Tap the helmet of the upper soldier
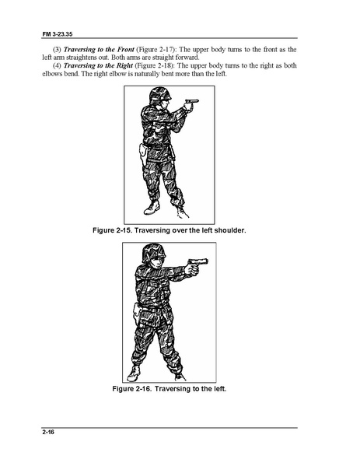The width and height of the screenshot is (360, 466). pyautogui.click(x=159, y=93)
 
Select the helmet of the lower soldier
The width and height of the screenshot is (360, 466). pyautogui.click(x=153, y=251)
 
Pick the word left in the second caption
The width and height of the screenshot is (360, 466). pyautogui.click(x=217, y=388)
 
